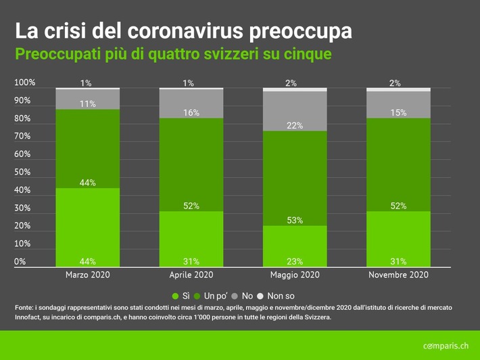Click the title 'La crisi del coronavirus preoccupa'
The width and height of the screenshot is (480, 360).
(183, 31)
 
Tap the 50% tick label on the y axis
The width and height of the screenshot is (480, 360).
(22, 173)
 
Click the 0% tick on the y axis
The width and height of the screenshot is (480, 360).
(20, 261)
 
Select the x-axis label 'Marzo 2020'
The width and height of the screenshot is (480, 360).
(87, 275)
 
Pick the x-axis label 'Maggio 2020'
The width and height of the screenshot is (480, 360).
(294, 275)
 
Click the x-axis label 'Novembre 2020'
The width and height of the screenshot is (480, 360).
(398, 275)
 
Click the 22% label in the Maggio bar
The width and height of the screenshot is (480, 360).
(294, 126)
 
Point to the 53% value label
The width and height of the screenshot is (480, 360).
(294, 220)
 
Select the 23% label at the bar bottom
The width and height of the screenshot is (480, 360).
(294, 261)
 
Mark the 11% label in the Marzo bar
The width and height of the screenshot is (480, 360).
(87, 104)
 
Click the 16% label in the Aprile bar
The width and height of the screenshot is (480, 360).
(191, 113)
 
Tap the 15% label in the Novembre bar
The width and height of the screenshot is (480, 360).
(398, 113)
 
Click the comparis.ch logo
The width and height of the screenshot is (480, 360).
(446, 346)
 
